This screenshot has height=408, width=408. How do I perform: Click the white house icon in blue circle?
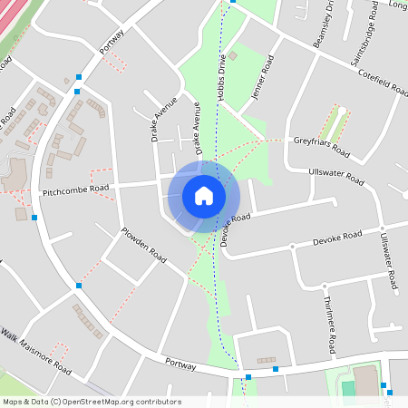204,195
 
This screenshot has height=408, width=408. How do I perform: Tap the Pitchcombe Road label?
75,189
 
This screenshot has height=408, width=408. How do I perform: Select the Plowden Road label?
144,245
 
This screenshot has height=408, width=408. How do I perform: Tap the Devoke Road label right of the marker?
337,238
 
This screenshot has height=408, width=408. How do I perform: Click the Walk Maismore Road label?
36,352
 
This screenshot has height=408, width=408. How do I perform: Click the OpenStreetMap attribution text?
92,401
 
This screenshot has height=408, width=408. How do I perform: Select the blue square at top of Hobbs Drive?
233,2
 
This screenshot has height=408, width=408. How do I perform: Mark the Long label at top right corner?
397,5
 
